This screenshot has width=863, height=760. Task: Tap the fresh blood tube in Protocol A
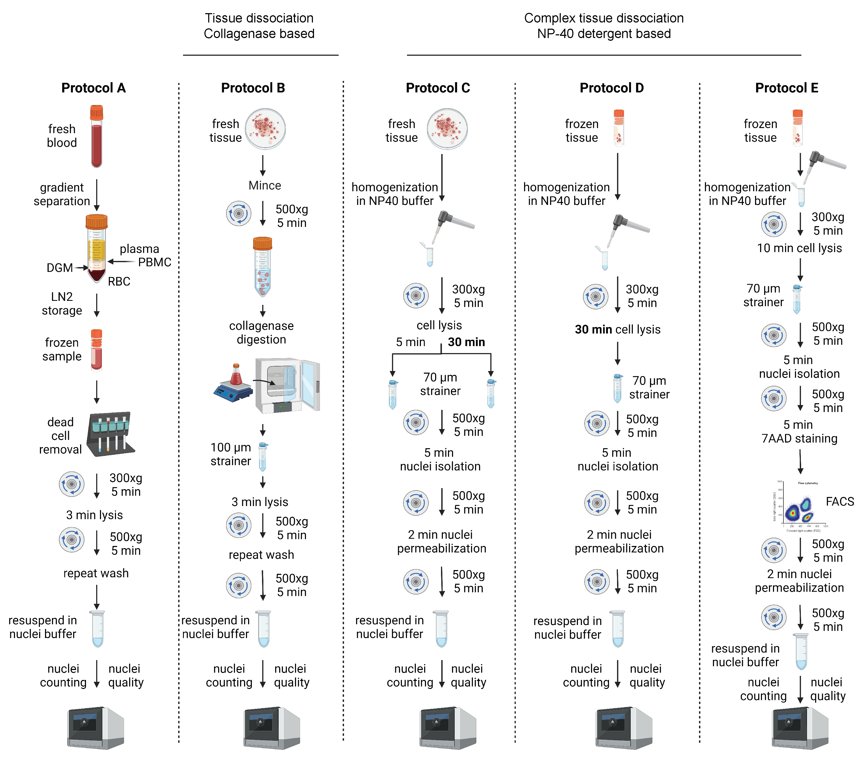point(97,136)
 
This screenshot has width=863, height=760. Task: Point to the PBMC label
point(155,262)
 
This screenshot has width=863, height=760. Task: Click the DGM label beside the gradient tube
point(59,268)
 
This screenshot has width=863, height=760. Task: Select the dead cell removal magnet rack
point(111,434)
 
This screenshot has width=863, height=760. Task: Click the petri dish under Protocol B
point(266,129)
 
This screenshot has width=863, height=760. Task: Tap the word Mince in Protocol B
point(265,185)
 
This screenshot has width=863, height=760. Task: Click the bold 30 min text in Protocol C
point(466,342)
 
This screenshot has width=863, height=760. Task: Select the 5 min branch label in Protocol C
point(410,342)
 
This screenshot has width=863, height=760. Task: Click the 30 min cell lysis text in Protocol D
point(617,329)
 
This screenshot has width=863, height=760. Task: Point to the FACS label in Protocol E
point(839,501)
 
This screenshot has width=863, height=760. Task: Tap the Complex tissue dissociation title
point(603,18)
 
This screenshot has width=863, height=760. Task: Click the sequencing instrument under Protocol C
point(447,727)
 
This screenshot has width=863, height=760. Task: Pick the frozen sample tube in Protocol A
point(97,350)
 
